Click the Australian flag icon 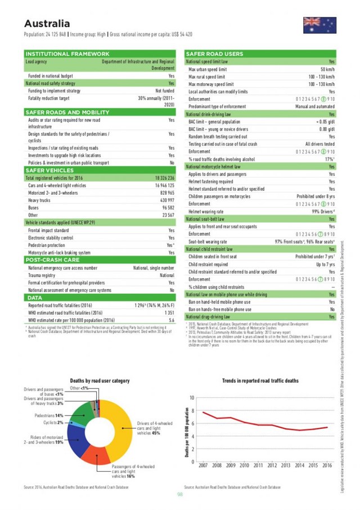pos(319,25)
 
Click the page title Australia pos(47,24)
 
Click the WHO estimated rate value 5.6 pos(171,319)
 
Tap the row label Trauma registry pos(43,276)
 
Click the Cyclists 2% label pos(53,422)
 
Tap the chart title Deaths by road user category pos(100,380)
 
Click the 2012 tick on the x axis pos(272,466)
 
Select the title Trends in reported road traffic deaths pos(260,380)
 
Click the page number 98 pos(180,494)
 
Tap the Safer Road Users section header pos(214,54)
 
